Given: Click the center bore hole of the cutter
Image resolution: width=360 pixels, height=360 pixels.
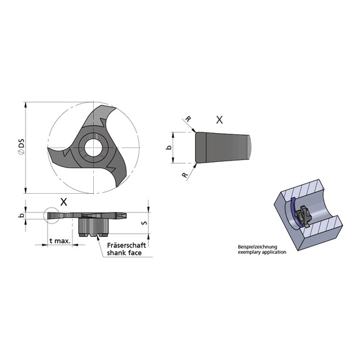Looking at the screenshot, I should pos(94,147).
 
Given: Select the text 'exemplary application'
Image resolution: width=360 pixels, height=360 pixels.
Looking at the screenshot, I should pos(261,252).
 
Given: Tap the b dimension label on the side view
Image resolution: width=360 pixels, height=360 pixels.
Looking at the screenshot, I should pos(22,216).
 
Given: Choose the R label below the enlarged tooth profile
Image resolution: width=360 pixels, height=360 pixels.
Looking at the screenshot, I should pos(184,176).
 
